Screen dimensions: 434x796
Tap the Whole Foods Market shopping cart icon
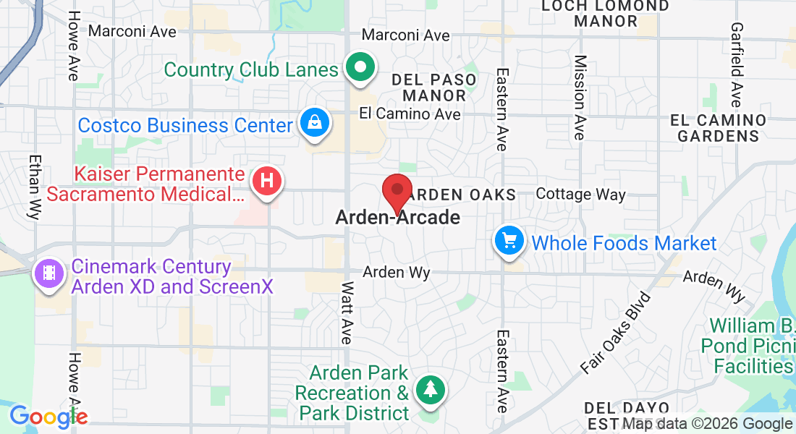(x=510, y=242)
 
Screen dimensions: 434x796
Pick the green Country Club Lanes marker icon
(x=359, y=69)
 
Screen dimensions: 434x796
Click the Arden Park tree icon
(x=431, y=391)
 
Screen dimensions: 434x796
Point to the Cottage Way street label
(x=581, y=195)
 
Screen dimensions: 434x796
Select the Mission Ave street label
(x=580, y=97)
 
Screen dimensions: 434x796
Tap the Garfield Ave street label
(x=737, y=74)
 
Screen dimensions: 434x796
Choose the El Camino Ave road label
(x=410, y=114)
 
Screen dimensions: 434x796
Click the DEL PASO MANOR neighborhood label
(x=434, y=88)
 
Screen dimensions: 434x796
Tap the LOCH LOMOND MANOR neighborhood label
(x=606, y=14)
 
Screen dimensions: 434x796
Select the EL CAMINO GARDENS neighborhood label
(x=718, y=127)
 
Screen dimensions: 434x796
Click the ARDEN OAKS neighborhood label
(x=463, y=195)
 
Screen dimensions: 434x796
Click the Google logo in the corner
(x=48, y=417)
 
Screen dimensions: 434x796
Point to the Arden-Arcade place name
(x=398, y=217)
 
